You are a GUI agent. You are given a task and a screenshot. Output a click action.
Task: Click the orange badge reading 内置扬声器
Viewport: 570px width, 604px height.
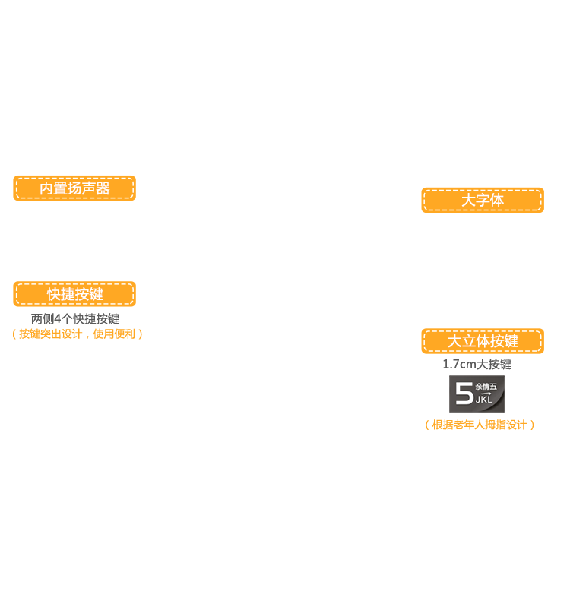click(74, 188)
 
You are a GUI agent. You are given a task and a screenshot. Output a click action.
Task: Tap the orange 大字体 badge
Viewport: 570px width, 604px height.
click(483, 200)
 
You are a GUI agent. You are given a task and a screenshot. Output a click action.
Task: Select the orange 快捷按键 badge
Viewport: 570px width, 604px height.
click(74, 294)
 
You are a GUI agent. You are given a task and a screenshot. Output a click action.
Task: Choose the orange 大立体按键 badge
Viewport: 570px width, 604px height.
click(483, 341)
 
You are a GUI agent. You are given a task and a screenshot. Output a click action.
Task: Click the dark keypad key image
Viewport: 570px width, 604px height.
click(477, 394)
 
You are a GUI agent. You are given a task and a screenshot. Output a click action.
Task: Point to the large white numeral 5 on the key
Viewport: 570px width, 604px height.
click(464, 394)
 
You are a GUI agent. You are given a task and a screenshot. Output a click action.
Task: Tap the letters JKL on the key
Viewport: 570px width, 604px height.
click(484, 399)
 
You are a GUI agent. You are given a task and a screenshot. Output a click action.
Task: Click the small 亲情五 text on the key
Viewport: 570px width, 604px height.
click(486, 387)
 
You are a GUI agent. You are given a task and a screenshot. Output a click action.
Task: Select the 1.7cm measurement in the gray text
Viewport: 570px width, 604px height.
click(459, 364)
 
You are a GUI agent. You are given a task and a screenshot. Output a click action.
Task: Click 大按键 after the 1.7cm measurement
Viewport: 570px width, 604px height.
click(494, 364)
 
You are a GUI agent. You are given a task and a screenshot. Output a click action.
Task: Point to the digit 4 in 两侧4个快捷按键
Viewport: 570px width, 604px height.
click(58, 319)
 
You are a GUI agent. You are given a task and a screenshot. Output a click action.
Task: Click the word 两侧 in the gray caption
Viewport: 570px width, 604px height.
click(43, 319)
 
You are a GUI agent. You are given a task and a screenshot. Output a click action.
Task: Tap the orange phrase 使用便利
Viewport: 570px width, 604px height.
click(114, 334)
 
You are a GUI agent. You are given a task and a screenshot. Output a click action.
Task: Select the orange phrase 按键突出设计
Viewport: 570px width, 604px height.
click(50, 334)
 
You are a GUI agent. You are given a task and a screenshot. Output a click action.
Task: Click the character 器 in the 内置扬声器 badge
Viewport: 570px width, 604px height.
click(103, 188)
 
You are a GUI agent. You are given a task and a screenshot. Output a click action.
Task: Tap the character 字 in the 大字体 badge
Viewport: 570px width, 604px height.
click(483, 201)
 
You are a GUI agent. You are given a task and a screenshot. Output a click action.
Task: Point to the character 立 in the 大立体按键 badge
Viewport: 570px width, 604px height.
click(468, 341)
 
